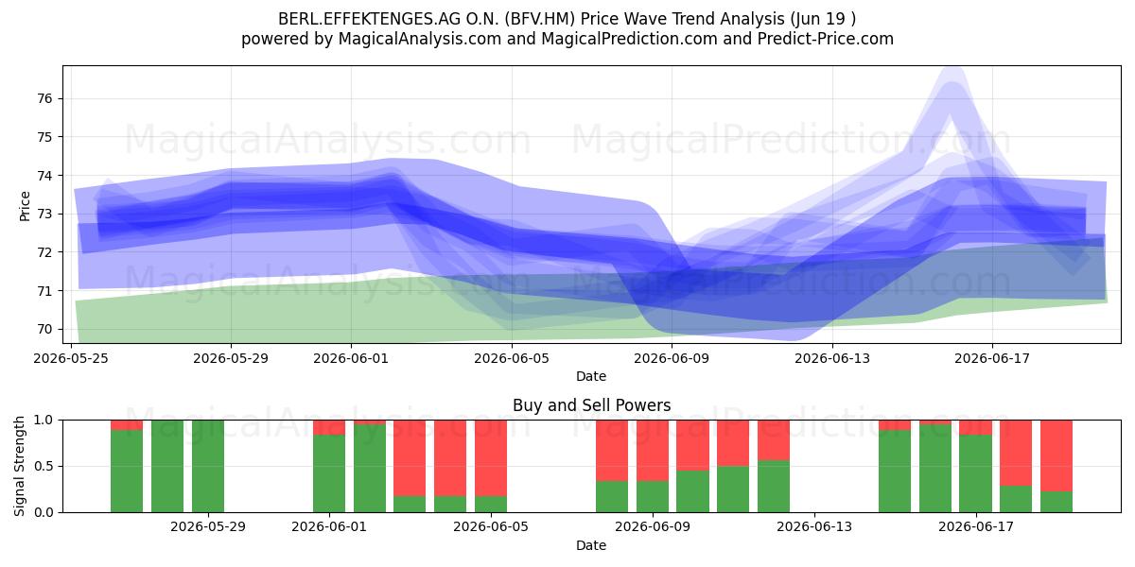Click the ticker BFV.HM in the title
click(543, 19)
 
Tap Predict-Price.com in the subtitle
click(826, 39)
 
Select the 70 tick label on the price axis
click(45, 329)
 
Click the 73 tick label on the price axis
click(45, 214)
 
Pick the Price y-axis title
click(25, 206)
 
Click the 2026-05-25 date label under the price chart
click(71, 358)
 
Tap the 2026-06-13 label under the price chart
click(832, 358)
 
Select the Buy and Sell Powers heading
click(591, 405)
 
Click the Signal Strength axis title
click(19, 466)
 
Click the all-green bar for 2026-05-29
click(208, 466)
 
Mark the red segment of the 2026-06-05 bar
click(491, 458)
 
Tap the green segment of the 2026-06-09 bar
click(652, 496)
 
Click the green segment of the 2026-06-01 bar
click(329, 473)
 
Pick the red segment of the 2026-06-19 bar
click(1056, 455)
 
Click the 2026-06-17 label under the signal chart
click(976, 526)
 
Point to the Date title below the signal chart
click(591, 545)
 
